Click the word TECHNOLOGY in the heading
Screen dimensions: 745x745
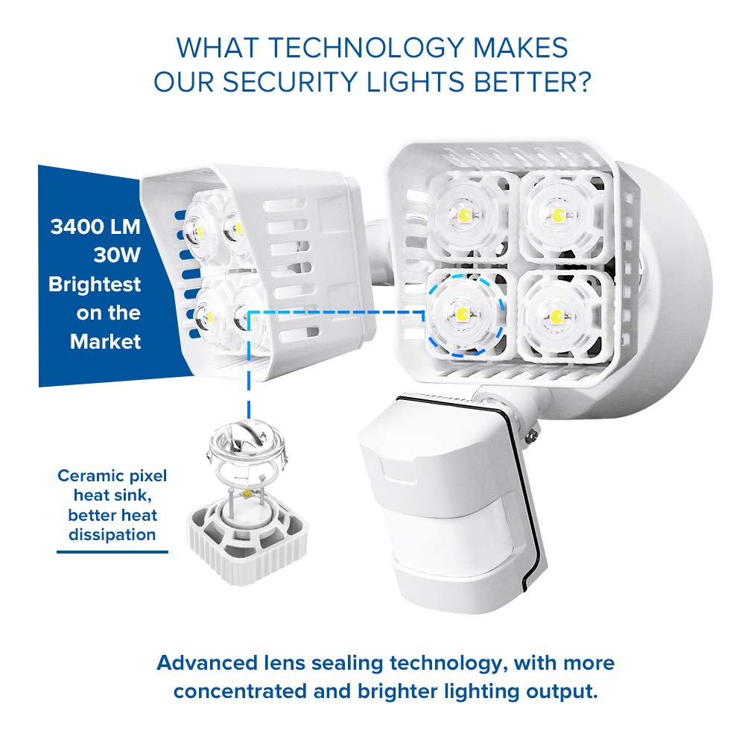tap(366, 48)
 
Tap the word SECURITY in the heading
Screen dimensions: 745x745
tap(290, 82)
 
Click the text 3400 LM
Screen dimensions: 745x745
tap(95, 226)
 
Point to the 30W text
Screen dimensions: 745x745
tap(117, 255)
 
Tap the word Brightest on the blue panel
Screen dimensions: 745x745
tap(95, 284)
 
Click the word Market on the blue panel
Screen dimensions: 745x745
tap(106, 341)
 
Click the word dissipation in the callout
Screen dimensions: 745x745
tap(112, 534)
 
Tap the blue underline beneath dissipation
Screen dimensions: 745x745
tap(112, 551)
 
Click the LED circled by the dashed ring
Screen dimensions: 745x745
tap(463, 314)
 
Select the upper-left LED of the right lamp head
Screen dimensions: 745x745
tap(465, 215)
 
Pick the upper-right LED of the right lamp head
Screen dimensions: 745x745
tap(558, 216)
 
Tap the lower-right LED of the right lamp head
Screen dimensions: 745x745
tap(557, 317)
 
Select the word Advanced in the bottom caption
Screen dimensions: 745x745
tap(206, 663)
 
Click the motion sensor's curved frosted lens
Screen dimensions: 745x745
tap(451, 533)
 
